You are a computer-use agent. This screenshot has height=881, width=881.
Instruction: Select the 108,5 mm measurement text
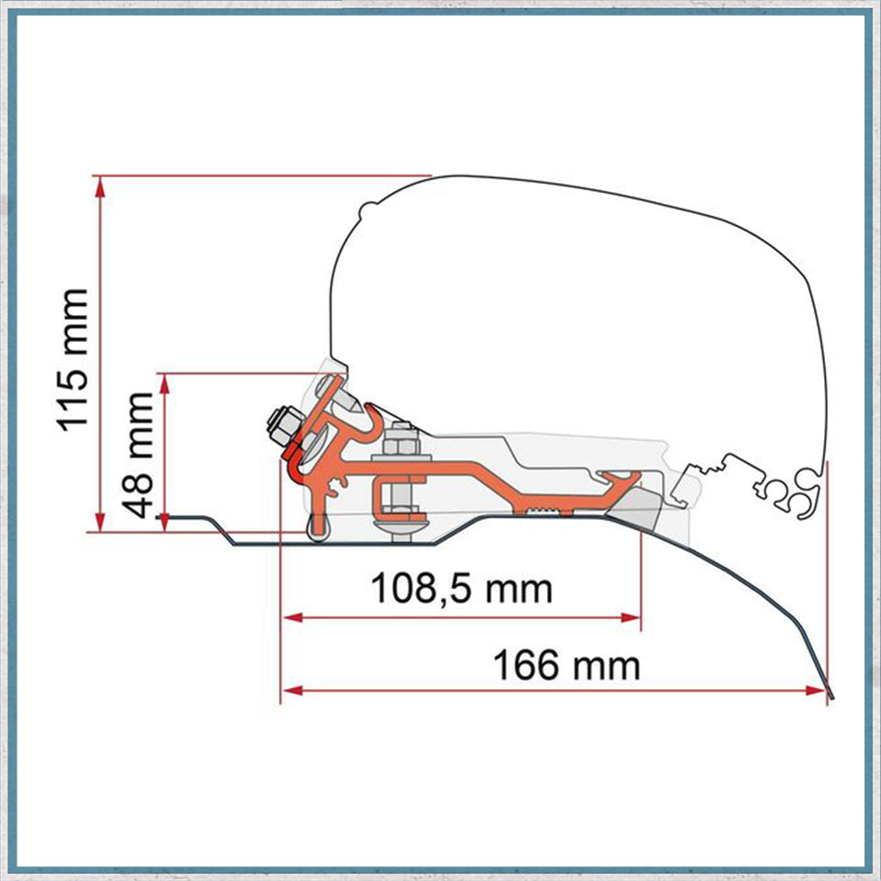(x=461, y=588)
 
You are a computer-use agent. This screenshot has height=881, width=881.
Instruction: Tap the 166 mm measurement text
(x=566, y=664)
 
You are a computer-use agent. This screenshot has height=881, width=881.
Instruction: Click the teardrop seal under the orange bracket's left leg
(x=317, y=528)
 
